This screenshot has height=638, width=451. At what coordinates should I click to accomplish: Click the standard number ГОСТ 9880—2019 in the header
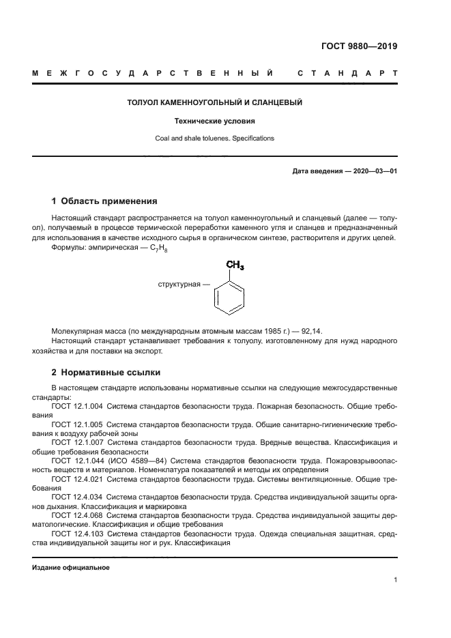click(x=359, y=46)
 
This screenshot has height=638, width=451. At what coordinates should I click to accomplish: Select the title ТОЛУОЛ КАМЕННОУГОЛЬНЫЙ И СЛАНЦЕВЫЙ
click(x=215, y=103)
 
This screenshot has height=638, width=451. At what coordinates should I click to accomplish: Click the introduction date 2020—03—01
click(x=373, y=171)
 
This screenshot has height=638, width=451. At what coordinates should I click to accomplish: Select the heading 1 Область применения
click(x=104, y=201)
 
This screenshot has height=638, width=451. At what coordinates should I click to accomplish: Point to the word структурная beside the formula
click(x=179, y=283)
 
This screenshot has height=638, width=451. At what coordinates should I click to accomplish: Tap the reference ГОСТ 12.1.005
click(x=76, y=424)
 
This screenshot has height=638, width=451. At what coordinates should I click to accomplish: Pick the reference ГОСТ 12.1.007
click(x=76, y=442)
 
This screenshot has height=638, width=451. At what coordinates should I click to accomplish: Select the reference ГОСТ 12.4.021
click(x=76, y=479)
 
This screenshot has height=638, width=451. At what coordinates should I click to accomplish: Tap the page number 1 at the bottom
click(x=395, y=580)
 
